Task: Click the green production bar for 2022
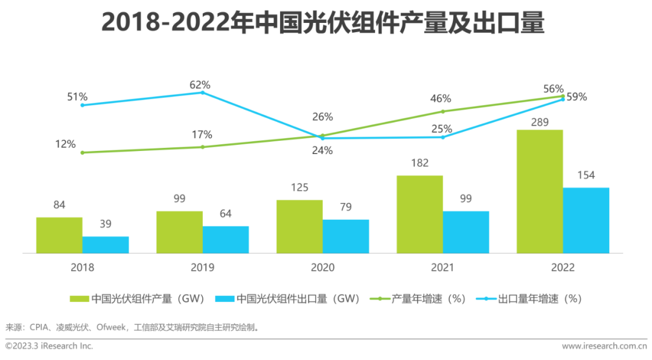[x=540, y=191]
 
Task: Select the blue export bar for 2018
[x=106, y=245]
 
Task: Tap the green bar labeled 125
[x=299, y=227]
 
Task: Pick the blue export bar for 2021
[x=466, y=232]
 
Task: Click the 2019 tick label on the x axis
[x=202, y=268]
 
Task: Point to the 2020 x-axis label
[x=322, y=268]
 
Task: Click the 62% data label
[x=200, y=85]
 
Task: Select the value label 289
[x=540, y=123]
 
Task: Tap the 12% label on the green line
[x=66, y=144]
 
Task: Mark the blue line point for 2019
[x=202, y=92]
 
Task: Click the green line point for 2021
[x=443, y=111]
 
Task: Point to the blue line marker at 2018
[x=82, y=105]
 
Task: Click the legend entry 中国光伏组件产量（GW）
[x=139, y=298]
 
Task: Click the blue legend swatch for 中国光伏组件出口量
[x=224, y=298]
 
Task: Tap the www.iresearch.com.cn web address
[x=604, y=346]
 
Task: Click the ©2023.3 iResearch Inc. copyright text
[x=50, y=346]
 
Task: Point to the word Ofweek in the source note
[x=110, y=327]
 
